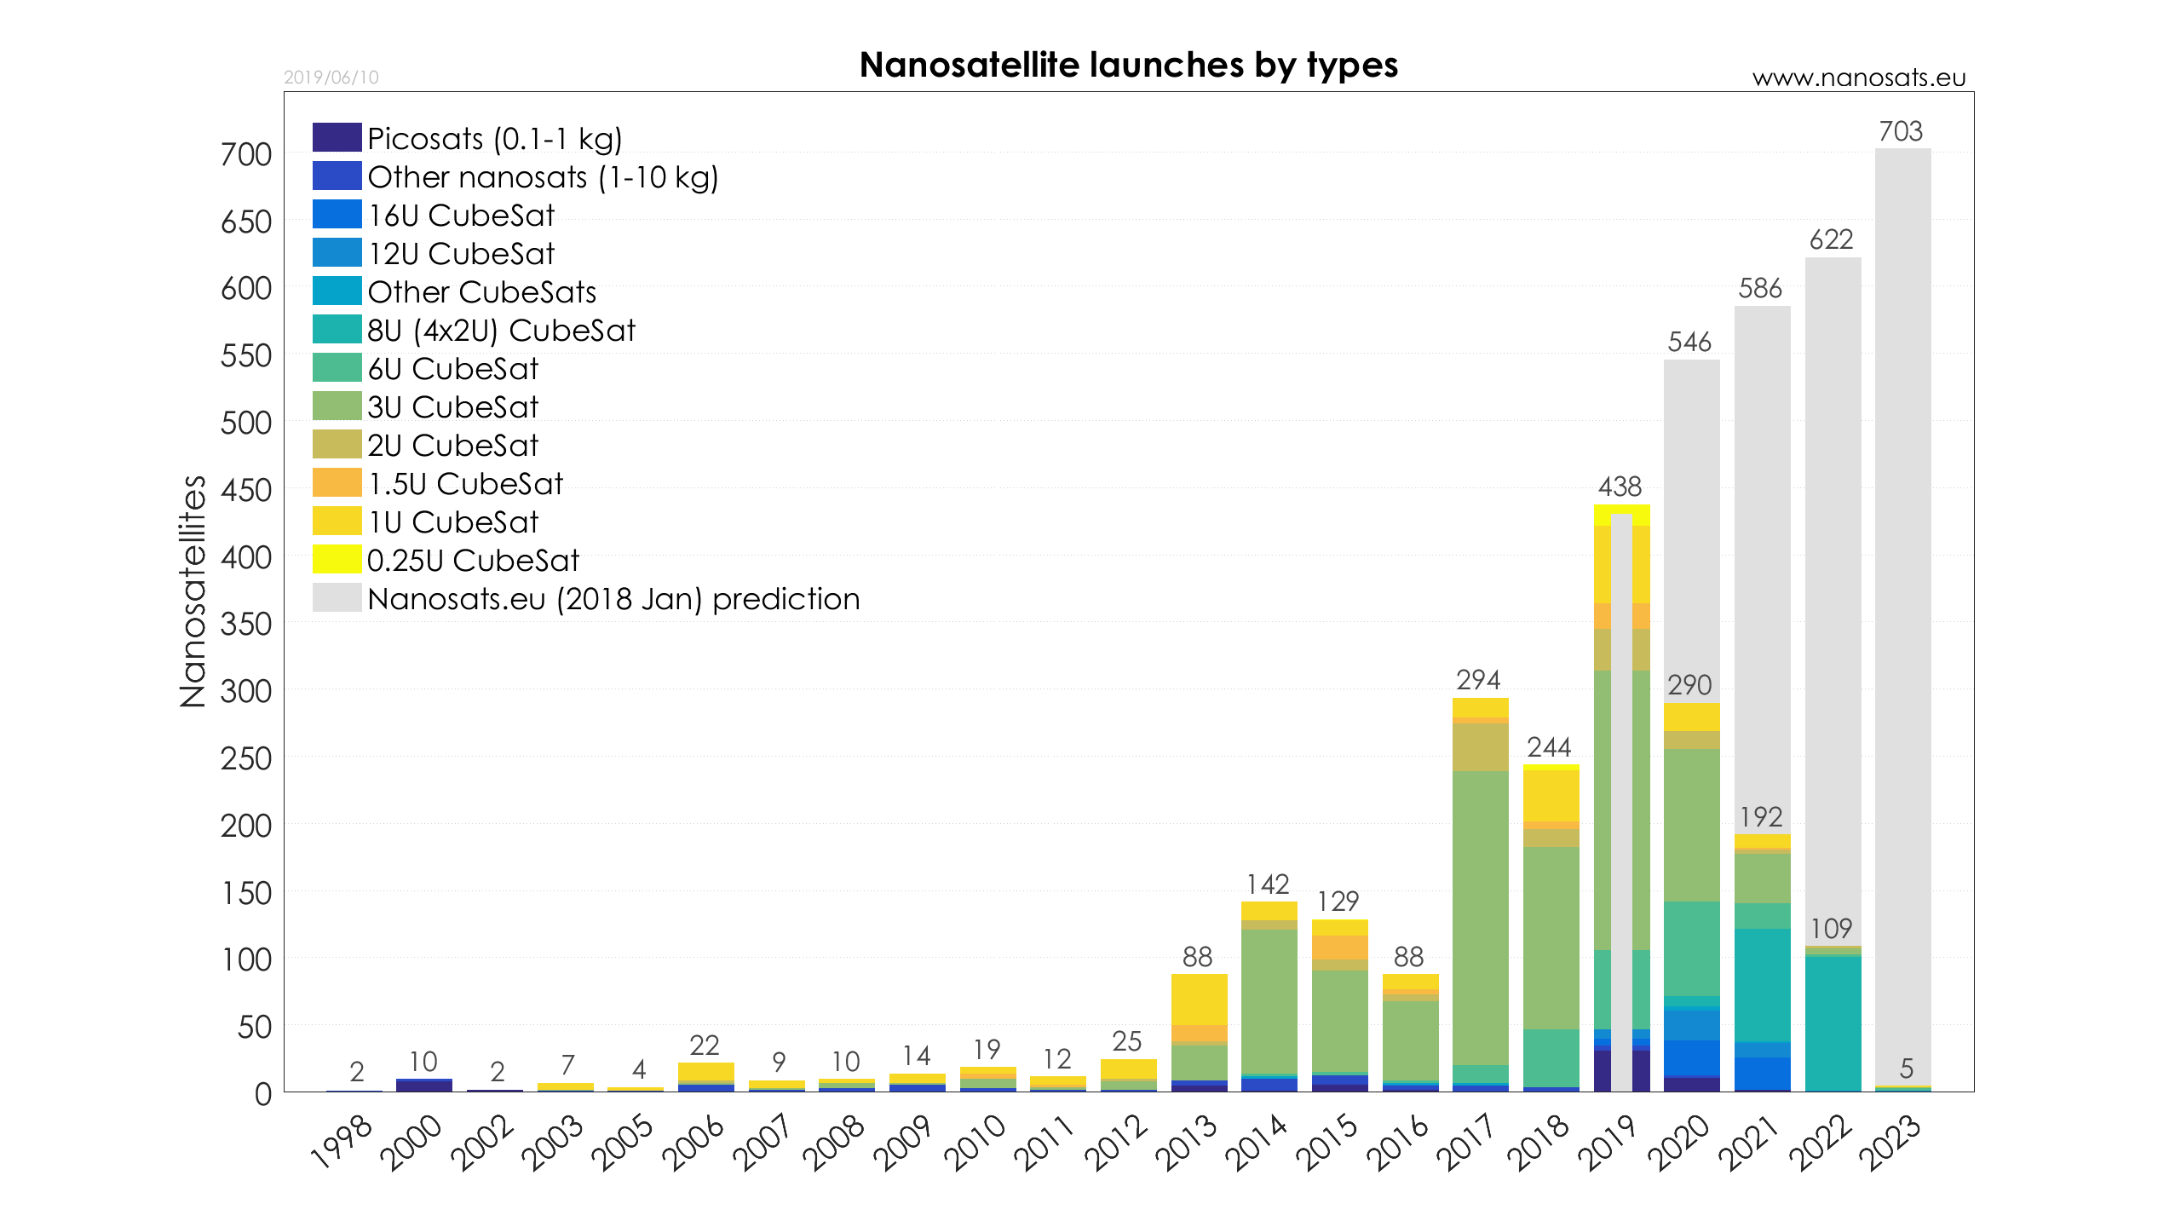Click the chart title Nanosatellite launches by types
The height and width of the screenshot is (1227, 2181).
[x=1128, y=65]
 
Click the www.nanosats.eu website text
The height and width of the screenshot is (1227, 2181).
[x=1858, y=78]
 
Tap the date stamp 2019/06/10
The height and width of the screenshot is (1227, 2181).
[x=331, y=78]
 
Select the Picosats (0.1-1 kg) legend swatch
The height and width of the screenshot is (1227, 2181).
[x=337, y=137]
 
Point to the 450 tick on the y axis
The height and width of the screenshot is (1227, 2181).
[x=245, y=490]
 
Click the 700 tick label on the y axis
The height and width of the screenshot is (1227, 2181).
[x=245, y=155]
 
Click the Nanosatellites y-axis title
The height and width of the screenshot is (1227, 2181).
[x=193, y=591]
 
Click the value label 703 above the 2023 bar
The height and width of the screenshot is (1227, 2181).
[x=1901, y=131]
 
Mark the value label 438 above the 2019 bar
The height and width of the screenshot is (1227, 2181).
[x=1620, y=487]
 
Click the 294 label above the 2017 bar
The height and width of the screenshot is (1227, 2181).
[x=1478, y=680]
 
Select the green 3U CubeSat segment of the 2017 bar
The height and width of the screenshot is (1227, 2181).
[x=1480, y=916]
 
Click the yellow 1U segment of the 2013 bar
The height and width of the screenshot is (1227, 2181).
[x=1199, y=999]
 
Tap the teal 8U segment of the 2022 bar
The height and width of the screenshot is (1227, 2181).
[x=1833, y=1022]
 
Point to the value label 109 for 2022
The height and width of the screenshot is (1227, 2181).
[x=1831, y=928]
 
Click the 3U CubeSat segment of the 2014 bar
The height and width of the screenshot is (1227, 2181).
[x=1269, y=1001]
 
